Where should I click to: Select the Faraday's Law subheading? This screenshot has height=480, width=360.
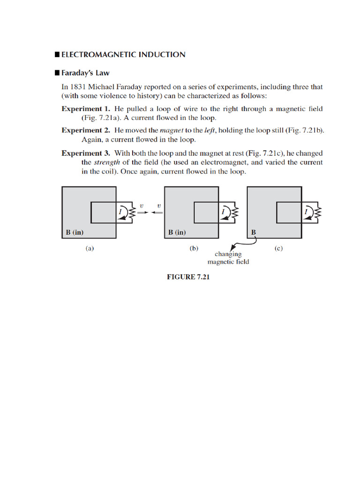coord(85,73)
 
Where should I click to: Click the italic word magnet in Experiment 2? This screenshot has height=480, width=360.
coord(172,131)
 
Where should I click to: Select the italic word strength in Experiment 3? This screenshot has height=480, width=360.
coord(106,162)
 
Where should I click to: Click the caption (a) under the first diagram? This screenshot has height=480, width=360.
coord(89,249)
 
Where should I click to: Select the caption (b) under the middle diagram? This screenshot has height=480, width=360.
coord(194,249)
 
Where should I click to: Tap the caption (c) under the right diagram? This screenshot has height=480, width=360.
coord(278,249)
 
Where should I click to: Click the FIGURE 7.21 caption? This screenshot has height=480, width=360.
coord(188,277)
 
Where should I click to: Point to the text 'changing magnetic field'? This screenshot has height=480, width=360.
coord(228,258)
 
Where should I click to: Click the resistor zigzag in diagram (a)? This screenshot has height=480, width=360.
coord(132,212)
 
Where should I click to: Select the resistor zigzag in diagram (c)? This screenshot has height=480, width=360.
coord(318,212)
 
